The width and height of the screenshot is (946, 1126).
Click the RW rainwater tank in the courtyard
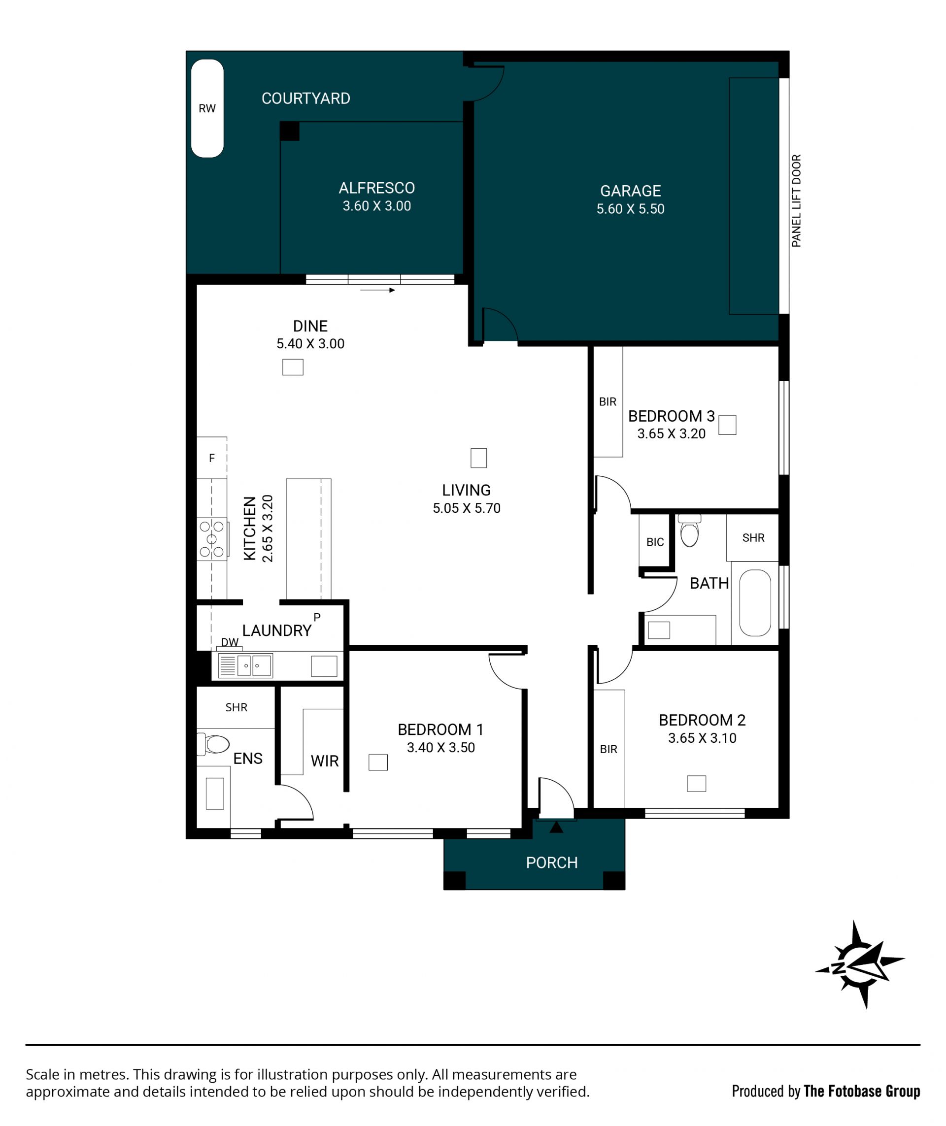pos(207,108)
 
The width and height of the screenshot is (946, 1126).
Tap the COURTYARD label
pos(305,99)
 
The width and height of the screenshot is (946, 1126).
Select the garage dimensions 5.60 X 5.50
pos(630,209)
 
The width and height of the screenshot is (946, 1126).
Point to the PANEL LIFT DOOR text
pos(796,200)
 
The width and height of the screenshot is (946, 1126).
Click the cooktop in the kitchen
pos(212,539)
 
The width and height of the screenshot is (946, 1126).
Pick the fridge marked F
pos(212,458)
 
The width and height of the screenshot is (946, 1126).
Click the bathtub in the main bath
pos(755,603)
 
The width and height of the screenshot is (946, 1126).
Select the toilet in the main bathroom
pos(690,531)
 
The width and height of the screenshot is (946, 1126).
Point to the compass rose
pos(860,965)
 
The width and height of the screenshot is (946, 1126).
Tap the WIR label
pos(325,761)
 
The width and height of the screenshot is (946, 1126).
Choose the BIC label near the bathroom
pos(655,542)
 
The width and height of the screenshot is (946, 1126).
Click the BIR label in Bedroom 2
pos(608,749)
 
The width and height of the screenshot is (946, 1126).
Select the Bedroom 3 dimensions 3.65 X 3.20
pos(671,434)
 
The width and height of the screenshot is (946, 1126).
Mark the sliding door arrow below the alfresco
pos(377,290)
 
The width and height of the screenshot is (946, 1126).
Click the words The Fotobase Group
pos(862,1091)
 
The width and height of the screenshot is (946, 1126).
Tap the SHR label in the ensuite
pos(236,707)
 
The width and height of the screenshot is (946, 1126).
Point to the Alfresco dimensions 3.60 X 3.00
pos(376,206)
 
